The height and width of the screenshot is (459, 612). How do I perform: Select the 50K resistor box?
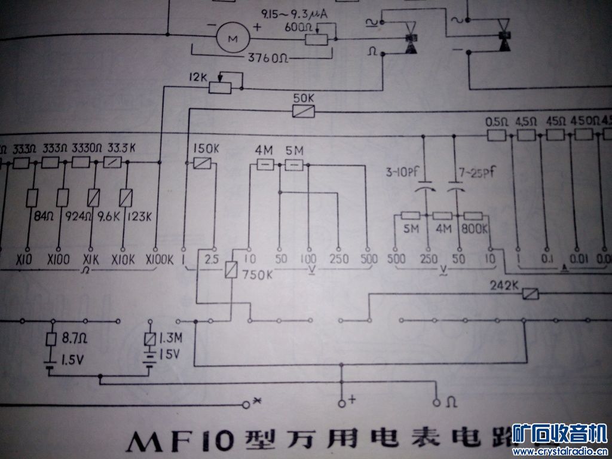point(303,111)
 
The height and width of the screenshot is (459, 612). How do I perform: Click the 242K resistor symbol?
point(530,293)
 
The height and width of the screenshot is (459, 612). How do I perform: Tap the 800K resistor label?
point(475,228)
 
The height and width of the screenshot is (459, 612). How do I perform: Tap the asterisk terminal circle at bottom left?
point(246,405)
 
